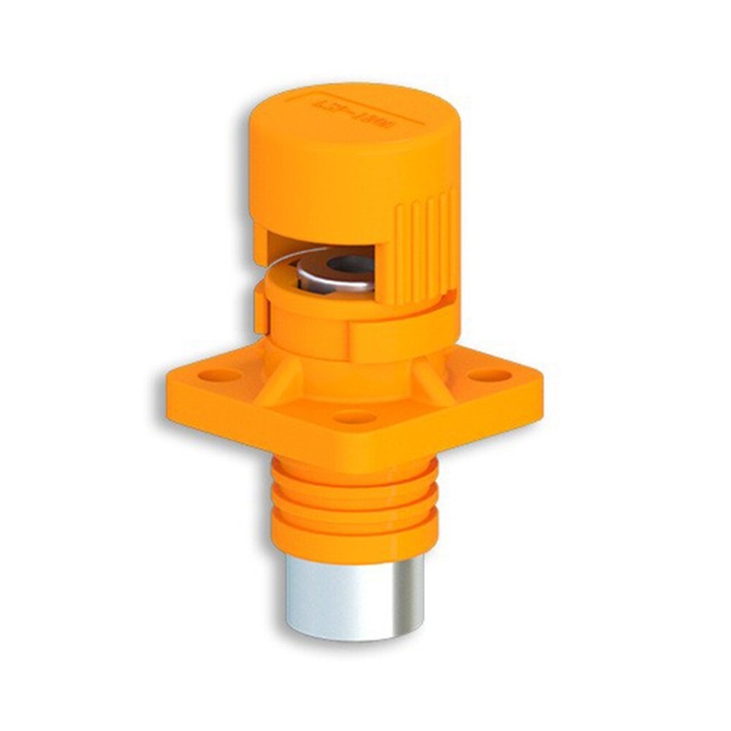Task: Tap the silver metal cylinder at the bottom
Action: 355,598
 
